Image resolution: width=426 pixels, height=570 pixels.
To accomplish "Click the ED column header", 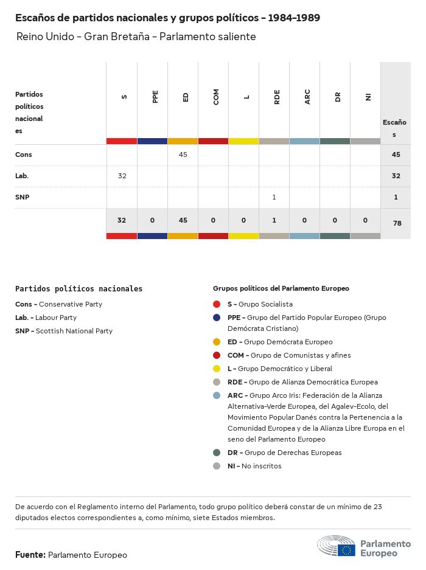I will click(186, 97).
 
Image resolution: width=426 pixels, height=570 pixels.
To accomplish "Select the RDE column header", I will click(277, 97).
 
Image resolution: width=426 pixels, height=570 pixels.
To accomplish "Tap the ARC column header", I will click(307, 97).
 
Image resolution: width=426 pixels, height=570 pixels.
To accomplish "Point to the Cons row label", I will click(24, 155).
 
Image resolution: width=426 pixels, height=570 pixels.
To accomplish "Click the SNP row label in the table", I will click(22, 197).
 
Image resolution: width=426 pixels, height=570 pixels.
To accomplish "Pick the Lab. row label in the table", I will click(22, 176).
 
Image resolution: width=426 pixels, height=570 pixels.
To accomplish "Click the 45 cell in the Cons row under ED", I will click(183, 155).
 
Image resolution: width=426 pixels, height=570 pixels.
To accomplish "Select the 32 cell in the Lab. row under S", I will click(122, 176).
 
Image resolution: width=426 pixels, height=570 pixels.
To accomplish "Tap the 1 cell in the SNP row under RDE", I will click(274, 197).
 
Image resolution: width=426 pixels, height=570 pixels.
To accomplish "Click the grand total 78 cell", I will click(397, 223).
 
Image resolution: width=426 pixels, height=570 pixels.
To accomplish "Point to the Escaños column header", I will click(394, 128).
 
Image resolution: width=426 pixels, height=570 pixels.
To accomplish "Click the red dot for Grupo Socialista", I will click(217, 304).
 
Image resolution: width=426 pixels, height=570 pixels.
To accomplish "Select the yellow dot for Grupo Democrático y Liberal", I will click(217, 369).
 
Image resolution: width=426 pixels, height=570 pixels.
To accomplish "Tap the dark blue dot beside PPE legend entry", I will click(217, 318).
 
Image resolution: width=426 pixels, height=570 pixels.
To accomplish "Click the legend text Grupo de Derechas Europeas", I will click(293, 453).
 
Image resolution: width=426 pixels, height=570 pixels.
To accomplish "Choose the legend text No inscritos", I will click(261, 466).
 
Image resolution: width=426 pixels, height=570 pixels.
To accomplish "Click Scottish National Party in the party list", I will click(74, 331).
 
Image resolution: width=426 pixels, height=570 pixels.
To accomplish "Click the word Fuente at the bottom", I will click(30, 555).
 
